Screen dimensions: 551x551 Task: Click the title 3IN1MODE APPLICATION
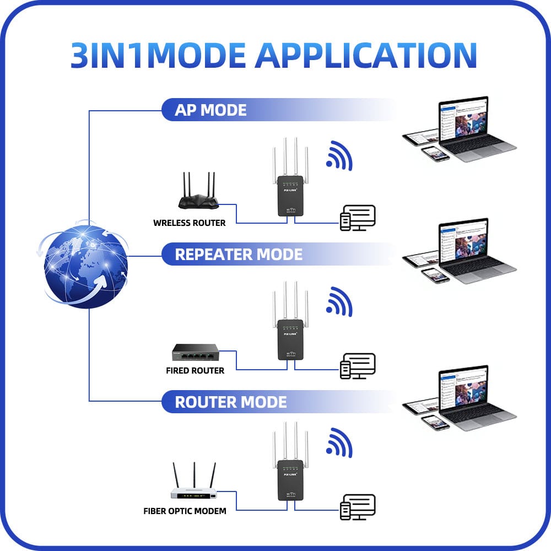pyautogui.click(x=274, y=55)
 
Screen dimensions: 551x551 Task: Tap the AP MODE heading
pyautogui.click(x=210, y=110)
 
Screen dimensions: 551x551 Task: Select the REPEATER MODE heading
pyautogui.click(x=239, y=255)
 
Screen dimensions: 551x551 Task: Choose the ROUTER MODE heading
pyautogui.click(x=230, y=402)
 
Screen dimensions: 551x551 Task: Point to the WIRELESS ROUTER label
pyautogui.click(x=189, y=223)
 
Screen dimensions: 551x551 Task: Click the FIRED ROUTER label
pyautogui.click(x=195, y=370)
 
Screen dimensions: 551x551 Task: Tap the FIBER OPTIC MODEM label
pyautogui.click(x=185, y=511)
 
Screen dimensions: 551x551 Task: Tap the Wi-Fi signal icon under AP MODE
pyautogui.click(x=339, y=156)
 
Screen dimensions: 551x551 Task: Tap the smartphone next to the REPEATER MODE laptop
pyautogui.click(x=435, y=275)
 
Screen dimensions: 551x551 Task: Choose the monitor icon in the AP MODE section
pyautogui.click(x=358, y=217)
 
